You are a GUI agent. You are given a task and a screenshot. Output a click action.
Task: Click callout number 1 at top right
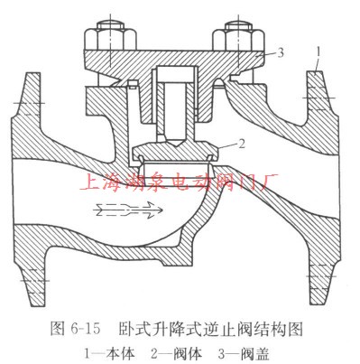pos(318,47)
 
